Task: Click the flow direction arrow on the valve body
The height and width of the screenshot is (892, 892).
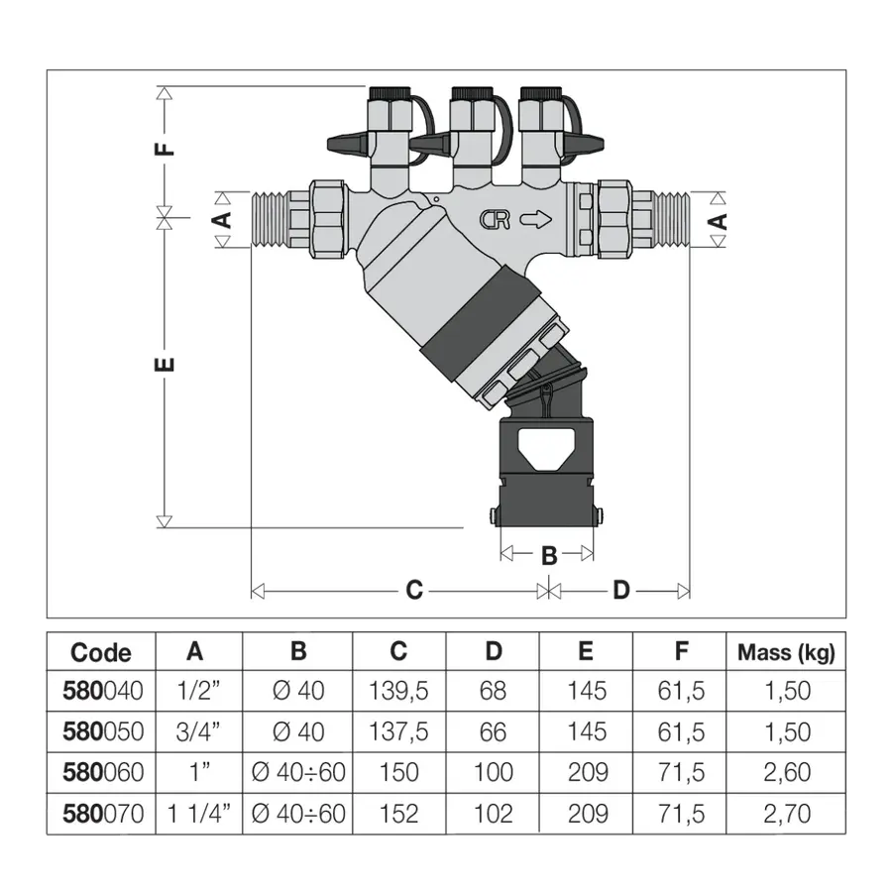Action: (536, 219)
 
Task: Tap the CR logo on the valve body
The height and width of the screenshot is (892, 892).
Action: (495, 220)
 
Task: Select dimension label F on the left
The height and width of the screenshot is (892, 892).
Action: (165, 149)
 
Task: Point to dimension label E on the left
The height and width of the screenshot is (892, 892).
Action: (165, 364)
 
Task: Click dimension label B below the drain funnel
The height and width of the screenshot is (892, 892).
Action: (549, 556)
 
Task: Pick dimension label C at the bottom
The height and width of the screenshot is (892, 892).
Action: (414, 591)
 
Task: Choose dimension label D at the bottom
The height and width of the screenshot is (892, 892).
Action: (621, 591)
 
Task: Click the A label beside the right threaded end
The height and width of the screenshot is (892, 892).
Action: (720, 221)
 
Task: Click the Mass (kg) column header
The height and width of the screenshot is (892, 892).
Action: (786, 652)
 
